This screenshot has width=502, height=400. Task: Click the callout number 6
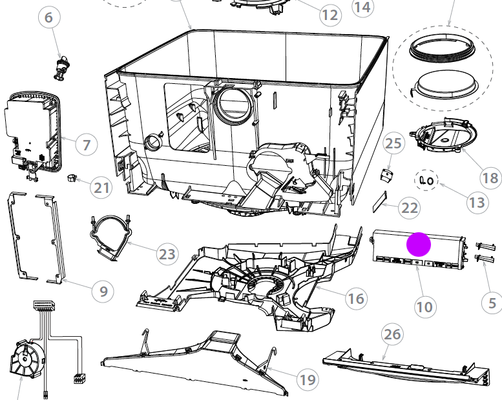[48, 17]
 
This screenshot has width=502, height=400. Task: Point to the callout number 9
[103, 292]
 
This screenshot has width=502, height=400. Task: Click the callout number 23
[167, 254]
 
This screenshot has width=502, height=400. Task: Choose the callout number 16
[356, 299]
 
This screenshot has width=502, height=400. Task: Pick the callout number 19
[308, 380]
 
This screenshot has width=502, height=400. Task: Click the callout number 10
[424, 306]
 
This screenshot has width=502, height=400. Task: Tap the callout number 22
[410, 208]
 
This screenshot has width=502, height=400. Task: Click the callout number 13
[476, 203]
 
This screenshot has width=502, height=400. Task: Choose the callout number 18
[490, 177]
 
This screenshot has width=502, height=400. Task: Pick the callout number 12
[329, 15]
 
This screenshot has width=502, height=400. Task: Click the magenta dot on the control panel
[418, 244]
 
